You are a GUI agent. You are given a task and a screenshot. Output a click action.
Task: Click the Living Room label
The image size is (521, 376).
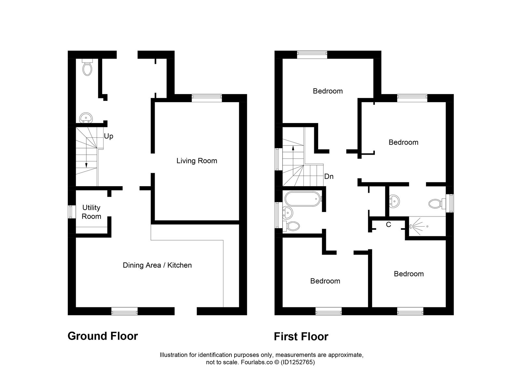pyautogui.click(x=197, y=160)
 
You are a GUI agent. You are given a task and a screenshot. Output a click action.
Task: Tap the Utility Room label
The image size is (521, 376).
pyautogui.click(x=91, y=212)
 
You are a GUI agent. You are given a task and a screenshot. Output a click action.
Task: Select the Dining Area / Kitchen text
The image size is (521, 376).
pyautogui.click(x=157, y=265)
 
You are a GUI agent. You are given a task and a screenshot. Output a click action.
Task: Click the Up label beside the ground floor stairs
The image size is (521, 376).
pyautogui.click(x=108, y=136)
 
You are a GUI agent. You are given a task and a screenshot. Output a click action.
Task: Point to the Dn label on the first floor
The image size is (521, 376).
pyautogui.click(x=329, y=176)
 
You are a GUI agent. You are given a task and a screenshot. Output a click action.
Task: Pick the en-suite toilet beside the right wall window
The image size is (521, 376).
pyautogui.click(x=436, y=204)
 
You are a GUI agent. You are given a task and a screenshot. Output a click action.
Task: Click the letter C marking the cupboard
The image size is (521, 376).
pyautogui.click(x=388, y=225)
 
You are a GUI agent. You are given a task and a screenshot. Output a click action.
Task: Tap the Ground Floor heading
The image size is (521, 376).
pyautogui.click(x=103, y=336)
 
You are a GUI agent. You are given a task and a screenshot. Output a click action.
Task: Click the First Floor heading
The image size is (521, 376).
pyautogui.click(x=301, y=336)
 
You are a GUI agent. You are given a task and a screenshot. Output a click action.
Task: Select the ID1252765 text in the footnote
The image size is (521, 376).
pyautogui.click(x=298, y=362)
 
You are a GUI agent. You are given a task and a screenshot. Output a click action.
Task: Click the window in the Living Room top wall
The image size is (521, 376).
pyautogui.click(x=207, y=96)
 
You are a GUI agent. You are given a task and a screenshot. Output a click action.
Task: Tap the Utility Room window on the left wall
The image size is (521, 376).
pyautogui.click(x=70, y=212)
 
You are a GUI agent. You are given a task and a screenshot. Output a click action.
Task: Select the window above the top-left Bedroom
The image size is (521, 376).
pyautogui.click(x=312, y=54)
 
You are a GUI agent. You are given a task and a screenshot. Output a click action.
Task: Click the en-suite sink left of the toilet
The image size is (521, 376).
pyautogui.click(x=394, y=201)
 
